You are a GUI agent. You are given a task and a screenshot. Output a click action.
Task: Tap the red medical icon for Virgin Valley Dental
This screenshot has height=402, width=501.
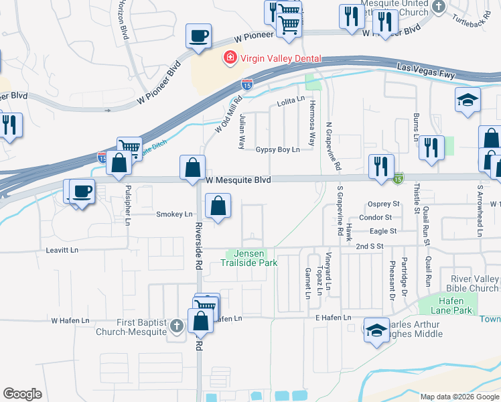coord(230,58)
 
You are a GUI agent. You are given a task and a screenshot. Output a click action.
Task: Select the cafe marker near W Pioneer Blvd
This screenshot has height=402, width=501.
coord(199,36)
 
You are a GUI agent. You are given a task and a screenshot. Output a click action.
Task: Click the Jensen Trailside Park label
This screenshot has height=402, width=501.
coord(250,258)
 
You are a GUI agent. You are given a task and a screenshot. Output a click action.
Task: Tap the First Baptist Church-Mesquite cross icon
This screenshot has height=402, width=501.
coord(176,326)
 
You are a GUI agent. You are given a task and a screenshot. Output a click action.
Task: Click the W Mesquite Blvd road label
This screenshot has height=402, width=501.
coord(238,180)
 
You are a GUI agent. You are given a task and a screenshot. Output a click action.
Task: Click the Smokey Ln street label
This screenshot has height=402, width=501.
coord(173,214)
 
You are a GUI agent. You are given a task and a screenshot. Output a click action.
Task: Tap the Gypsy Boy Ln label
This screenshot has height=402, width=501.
coord(277,150)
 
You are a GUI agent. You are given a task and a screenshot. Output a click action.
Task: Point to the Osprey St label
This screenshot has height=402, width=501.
coord(384,204)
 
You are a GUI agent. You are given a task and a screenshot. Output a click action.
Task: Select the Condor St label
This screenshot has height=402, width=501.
coord(376,217)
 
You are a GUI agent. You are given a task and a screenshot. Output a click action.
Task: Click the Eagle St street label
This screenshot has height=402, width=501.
coord(384,231)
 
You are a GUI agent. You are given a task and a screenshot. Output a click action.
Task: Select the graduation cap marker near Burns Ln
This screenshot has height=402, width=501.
coord(468,100)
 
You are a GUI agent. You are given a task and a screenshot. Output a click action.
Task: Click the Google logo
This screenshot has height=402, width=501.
coord(23,394)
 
